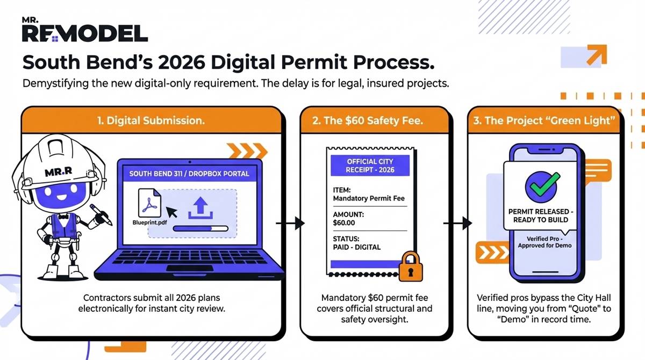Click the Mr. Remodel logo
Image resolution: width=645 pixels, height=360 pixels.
(x=84, y=31)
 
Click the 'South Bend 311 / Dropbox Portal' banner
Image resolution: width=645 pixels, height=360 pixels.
(x=189, y=174)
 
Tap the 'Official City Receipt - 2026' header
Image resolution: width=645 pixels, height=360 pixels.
(x=370, y=166)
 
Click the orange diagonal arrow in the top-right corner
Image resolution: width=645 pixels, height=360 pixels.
(x=596, y=55)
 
